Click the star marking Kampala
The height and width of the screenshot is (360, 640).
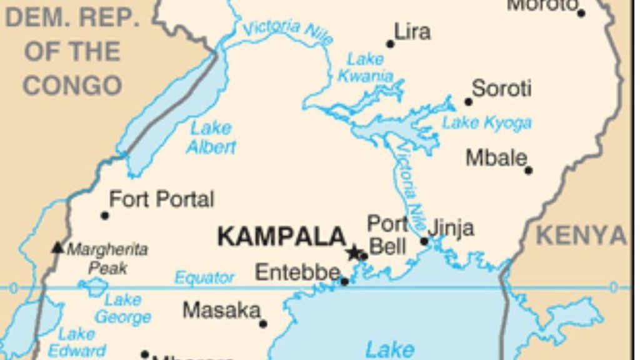point(353,253)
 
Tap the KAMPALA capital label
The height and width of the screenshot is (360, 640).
point(281,237)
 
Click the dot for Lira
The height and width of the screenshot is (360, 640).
point(391,44)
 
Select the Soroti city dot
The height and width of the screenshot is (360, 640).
point(468,102)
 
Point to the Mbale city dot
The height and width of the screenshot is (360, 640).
point(529,169)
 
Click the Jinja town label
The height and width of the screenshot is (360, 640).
point(451,228)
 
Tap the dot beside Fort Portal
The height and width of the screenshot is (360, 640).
point(105,216)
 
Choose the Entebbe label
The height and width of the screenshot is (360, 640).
point(297,272)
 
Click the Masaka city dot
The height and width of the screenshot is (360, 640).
point(263,324)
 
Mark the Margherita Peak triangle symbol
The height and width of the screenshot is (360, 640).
point(57,247)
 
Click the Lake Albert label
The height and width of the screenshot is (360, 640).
point(211,137)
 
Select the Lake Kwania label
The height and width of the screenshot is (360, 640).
point(366,67)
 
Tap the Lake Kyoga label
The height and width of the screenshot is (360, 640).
point(487,123)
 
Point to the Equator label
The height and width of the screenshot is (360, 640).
point(204,277)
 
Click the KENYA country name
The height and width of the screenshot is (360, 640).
point(581,236)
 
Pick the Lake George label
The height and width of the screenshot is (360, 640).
point(123,308)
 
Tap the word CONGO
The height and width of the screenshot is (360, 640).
point(72,86)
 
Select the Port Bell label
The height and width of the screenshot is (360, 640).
point(387,234)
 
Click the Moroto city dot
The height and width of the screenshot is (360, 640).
point(581,13)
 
